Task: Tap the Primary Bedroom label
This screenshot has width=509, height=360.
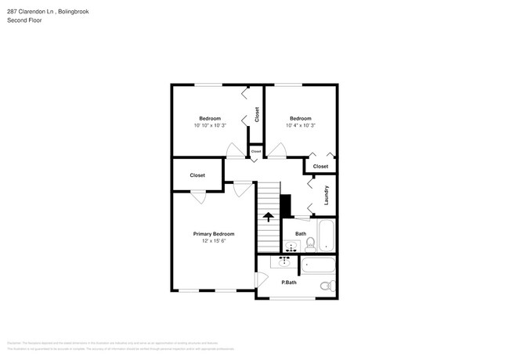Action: coord(214,234)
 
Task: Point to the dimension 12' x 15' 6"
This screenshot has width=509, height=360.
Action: coord(214,241)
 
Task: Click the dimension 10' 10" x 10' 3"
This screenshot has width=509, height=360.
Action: coord(210,125)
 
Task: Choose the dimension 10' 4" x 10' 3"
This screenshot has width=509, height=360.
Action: coord(301,125)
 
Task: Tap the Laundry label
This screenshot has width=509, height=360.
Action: coord(326,195)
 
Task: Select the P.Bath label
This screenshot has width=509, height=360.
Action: coord(289,283)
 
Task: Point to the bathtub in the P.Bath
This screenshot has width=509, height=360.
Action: coord(318,265)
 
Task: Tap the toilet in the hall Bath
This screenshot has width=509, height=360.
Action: coord(309,243)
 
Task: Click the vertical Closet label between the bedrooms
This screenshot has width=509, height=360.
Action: coord(256,114)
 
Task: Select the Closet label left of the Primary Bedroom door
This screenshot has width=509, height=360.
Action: coord(197,175)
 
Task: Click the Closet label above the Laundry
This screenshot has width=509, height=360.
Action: coord(320,167)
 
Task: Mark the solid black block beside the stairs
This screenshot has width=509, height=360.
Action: coord(285,205)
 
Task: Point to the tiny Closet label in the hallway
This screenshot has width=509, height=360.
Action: coord(256,150)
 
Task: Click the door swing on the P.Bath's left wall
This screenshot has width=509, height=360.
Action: coord(262,280)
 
